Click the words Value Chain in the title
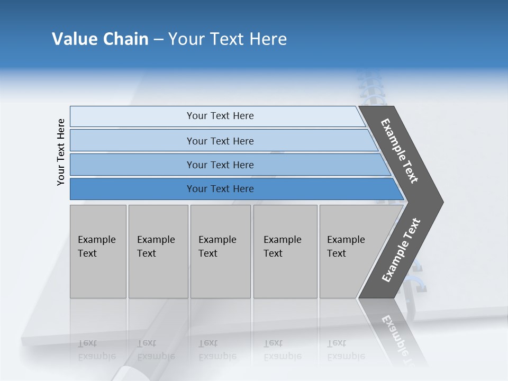100,39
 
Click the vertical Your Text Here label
61,152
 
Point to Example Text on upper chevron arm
400,151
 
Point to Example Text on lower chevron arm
401,250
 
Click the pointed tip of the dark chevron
440,202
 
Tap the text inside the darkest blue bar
220,189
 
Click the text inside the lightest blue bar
220,116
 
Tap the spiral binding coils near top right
370,87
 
